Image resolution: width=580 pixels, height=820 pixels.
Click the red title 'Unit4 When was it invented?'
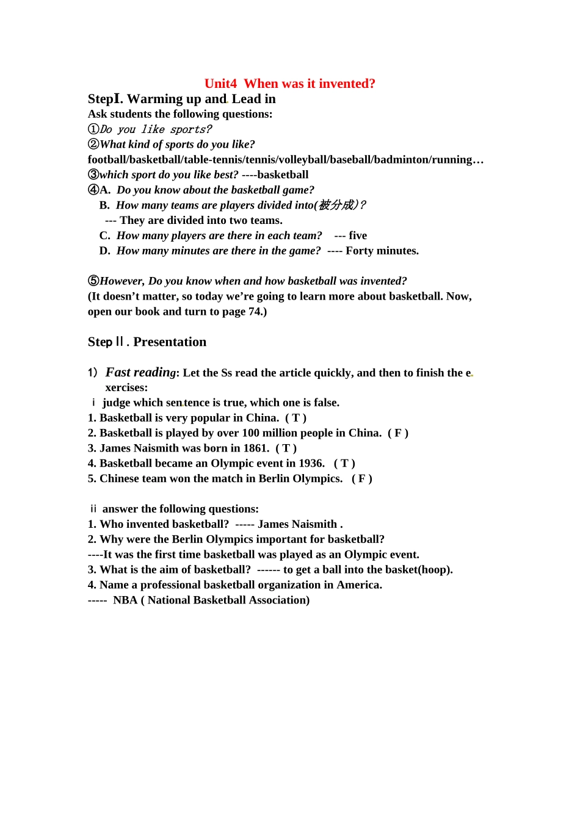click(289, 84)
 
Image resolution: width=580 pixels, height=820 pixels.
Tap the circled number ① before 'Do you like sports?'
click(93, 129)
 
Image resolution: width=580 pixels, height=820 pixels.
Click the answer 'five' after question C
click(358, 236)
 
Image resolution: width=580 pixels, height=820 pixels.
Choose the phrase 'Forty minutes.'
click(382, 251)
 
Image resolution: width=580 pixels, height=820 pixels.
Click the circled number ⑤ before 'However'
click(93, 281)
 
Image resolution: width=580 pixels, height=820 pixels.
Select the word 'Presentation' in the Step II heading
click(170, 342)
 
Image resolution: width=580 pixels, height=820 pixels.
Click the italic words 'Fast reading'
click(140, 372)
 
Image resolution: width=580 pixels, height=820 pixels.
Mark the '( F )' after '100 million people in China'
click(398, 433)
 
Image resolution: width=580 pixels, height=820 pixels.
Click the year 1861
click(255, 448)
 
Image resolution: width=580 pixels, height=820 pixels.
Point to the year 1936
click(311, 464)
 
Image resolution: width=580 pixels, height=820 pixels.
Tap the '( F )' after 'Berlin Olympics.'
click(362, 479)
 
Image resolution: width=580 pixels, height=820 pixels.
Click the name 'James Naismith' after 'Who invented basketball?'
click(297, 524)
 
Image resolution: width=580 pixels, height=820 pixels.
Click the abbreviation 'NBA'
click(125, 600)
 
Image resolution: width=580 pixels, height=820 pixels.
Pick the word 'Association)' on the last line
click(281, 600)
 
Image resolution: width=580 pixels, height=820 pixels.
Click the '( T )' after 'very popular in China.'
click(295, 418)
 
